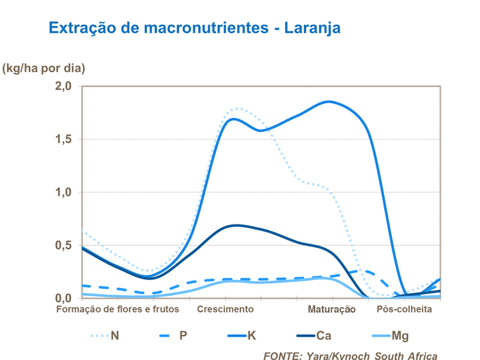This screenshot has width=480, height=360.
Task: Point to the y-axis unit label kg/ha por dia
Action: tap(44, 68)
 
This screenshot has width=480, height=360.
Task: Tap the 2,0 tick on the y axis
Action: tap(64, 86)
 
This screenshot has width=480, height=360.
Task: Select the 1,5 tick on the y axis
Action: tap(64, 139)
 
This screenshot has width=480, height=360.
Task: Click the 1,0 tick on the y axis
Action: tap(64, 192)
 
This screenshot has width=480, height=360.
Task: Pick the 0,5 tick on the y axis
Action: tap(64, 245)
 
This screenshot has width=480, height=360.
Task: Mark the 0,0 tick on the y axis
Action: tap(64, 298)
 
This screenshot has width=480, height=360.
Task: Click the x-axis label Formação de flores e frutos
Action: tap(118, 310)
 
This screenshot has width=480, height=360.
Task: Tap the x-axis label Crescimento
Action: tap(225, 310)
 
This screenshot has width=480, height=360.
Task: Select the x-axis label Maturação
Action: tap(332, 310)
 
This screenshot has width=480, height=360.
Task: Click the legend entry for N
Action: tap(115, 335)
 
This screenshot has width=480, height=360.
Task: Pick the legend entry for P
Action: tap(184, 335)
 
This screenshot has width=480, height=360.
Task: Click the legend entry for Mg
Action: tap(400, 335)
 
